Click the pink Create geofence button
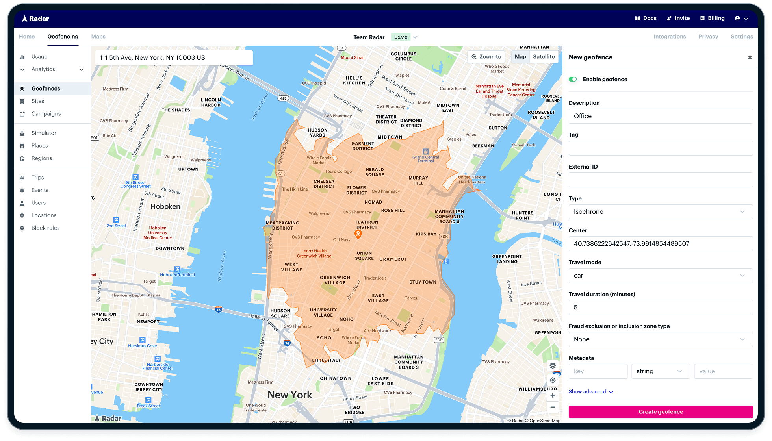[661, 412]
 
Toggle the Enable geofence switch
[573, 79]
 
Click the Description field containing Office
[661, 116]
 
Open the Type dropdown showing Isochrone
[661, 212]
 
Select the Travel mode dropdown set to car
[661, 276]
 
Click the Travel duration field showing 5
[661, 308]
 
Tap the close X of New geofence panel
[750, 57]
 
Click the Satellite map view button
[544, 57]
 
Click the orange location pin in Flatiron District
[358, 234]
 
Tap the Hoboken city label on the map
[165, 206]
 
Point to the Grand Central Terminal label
[425, 159]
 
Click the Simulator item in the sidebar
[44, 133]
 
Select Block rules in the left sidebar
[45, 228]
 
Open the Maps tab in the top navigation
[98, 37]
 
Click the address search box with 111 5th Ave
[174, 58]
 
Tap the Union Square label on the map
[364, 256]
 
